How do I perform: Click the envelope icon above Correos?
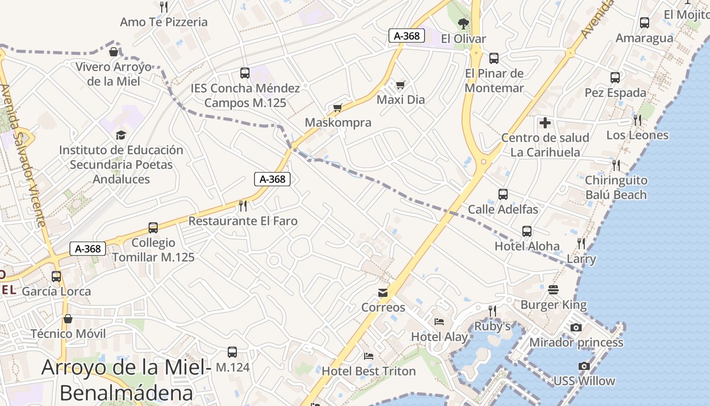point(383,293)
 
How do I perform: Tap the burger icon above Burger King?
point(553,290)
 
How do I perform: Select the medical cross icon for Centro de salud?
point(545,123)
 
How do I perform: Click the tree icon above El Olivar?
point(463,23)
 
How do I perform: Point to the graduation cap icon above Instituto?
point(121,135)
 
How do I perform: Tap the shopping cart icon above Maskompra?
point(338,108)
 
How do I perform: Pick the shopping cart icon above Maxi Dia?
point(401,85)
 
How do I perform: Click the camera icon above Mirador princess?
point(576,328)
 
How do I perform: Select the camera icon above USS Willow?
point(584,366)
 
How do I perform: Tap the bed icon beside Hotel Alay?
point(439,321)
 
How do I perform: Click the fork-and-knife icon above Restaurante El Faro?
point(243,206)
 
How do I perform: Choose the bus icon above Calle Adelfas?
point(503,194)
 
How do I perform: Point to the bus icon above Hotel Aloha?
point(527,231)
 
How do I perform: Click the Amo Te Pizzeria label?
point(164,22)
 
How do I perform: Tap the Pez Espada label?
point(616,93)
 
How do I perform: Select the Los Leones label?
point(637,136)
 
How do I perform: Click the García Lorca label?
point(56,292)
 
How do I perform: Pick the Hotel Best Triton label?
point(369,371)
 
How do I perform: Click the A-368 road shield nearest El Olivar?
point(407,36)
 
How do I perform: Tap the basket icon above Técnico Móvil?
point(68,319)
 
